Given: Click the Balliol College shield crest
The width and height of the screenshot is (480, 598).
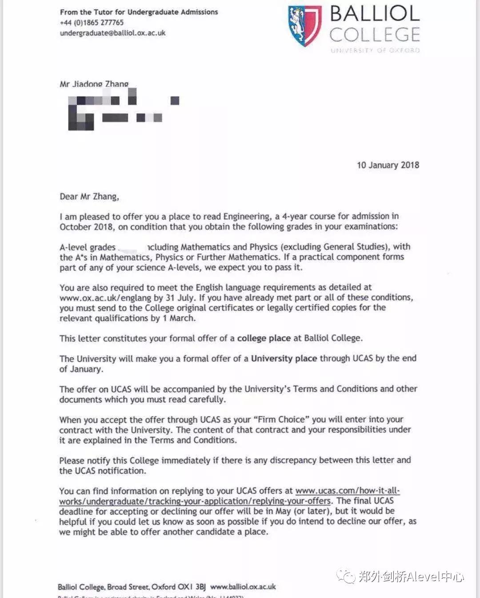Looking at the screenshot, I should click(304, 25).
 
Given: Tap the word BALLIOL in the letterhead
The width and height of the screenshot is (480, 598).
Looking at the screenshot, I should click(375, 14).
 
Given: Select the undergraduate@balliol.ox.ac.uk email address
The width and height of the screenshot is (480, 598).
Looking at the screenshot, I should click(112, 33).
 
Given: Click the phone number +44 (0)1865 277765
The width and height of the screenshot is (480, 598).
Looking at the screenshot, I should click(92, 22).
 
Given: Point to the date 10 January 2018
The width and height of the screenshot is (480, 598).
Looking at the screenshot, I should click(388, 165).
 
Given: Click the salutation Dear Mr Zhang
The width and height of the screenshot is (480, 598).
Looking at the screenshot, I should click(89, 197).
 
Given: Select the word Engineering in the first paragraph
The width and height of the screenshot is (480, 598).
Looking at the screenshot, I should click(246, 217).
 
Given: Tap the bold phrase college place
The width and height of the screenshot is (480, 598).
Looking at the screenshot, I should click(264, 338).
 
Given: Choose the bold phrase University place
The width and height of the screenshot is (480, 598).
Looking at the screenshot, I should click(284, 359).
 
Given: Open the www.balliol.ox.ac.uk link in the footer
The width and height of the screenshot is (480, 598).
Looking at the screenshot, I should click(243, 587).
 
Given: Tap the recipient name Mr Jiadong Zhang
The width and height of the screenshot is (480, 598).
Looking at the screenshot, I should click(94, 84).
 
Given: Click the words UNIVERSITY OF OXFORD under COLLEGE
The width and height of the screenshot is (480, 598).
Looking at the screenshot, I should click(375, 50).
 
